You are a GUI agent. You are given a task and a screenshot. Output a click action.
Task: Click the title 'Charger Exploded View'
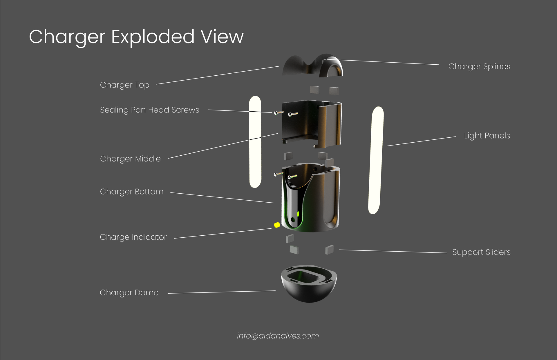tap(136, 37)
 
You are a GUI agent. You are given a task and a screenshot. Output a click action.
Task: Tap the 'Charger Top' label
tap(124, 85)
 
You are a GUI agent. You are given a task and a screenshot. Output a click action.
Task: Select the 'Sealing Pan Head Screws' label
tap(149, 110)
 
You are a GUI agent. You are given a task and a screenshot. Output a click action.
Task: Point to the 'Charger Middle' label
tap(130, 159)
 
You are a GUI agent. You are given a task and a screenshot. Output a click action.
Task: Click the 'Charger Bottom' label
tap(132, 192)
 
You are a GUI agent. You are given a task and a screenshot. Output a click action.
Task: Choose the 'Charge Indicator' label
tap(133, 237)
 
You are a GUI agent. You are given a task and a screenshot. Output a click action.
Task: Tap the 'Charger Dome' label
tap(129, 293)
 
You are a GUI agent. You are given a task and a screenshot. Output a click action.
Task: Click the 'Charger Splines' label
tap(479, 67)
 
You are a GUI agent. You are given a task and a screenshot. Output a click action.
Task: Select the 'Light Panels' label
tap(487, 136)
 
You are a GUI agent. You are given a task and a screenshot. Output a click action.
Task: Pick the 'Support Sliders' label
tap(481, 252)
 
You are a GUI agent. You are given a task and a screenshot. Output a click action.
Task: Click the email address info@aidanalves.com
tap(278, 336)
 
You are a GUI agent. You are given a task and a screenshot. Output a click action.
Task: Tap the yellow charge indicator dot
tap(277, 225)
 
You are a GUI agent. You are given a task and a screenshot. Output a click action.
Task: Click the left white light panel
tap(255, 142)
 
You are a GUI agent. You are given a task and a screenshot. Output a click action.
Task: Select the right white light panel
tap(376, 160)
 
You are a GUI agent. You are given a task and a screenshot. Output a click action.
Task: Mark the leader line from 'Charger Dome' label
tap(222, 292)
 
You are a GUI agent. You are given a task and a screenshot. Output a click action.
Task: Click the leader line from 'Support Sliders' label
tap(393, 251)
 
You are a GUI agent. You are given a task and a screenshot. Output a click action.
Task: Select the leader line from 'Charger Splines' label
tap(389, 62)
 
